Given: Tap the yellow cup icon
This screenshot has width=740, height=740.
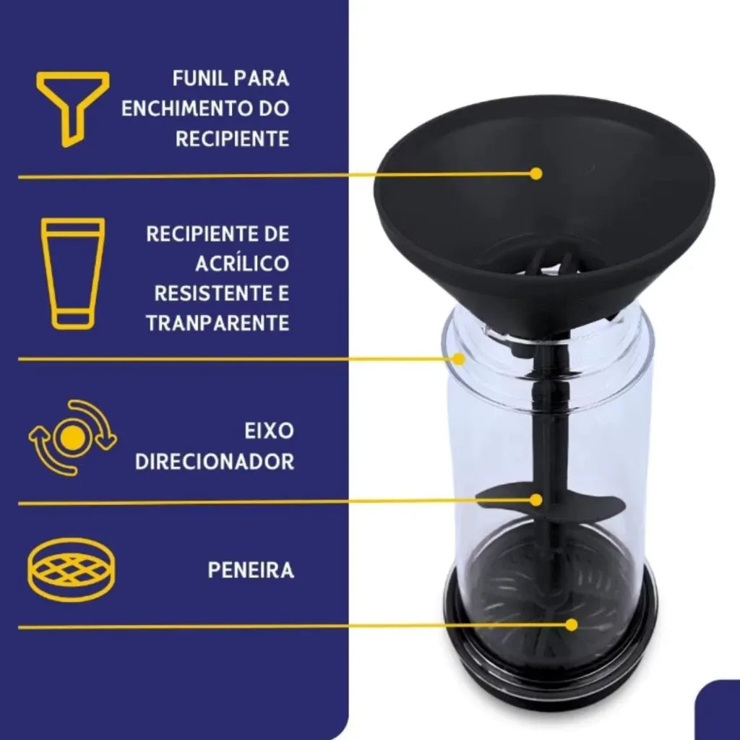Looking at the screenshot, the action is pos(73,273).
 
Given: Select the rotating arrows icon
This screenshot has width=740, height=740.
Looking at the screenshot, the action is pos(73,437).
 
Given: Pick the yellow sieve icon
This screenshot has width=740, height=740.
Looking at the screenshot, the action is pos(72,569).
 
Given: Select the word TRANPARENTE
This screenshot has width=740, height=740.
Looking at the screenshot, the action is pos(218,324).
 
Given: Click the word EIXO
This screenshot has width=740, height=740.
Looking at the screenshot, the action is pos(269,431).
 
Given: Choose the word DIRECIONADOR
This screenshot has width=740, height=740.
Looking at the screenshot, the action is pos(215,462).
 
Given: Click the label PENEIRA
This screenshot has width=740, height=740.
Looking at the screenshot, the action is pos(251,570).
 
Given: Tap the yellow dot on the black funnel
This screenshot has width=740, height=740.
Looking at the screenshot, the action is pos(535,173).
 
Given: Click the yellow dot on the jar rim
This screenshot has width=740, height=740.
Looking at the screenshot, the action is pos(459,359).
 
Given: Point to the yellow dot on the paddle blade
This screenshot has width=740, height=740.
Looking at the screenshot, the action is pos(535,500).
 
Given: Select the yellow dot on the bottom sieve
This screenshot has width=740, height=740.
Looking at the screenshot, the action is pos(572,625).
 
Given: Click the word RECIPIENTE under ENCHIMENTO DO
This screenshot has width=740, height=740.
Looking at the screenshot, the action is pos(232,139).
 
